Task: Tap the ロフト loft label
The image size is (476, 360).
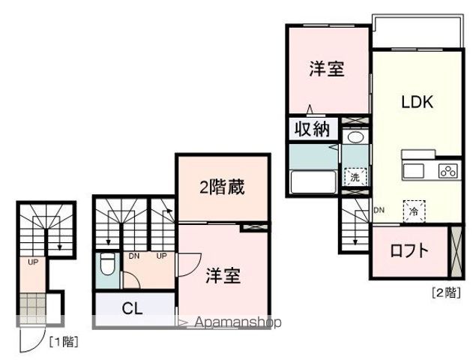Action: point(409,250)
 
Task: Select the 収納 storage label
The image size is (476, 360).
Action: point(311,129)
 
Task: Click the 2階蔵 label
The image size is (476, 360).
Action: point(223,187)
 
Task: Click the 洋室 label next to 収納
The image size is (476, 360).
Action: point(327,69)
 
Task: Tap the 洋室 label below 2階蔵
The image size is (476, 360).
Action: point(223,275)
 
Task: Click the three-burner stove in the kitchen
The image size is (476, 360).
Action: point(448,171)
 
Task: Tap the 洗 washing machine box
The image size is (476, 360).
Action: point(353,178)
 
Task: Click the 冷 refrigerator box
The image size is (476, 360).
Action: point(413,211)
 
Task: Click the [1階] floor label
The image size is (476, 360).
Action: point(64,342)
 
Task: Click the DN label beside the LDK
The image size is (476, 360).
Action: point(379,210)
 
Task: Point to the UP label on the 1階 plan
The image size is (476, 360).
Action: point(33,262)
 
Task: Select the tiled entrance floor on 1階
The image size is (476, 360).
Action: point(34,307)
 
